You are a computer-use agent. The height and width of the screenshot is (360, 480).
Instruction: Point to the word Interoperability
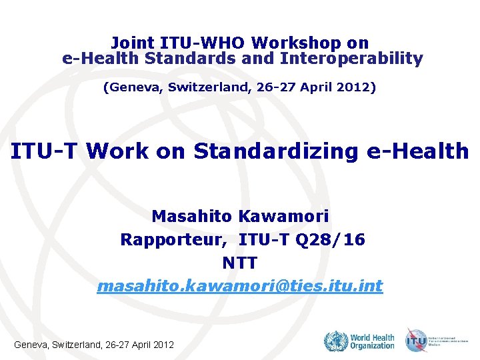click(x=352, y=59)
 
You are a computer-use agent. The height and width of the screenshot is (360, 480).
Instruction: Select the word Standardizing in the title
click(x=276, y=151)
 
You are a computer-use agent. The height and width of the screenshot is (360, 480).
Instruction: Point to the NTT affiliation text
click(x=240, y=263)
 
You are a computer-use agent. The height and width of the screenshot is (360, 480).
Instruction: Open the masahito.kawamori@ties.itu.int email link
click(x=240, y=287)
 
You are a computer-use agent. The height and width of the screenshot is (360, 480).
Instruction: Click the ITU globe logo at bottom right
click(x=417, y=341)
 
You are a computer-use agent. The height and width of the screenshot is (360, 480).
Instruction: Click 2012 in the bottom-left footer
click(x=163, y=345)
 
